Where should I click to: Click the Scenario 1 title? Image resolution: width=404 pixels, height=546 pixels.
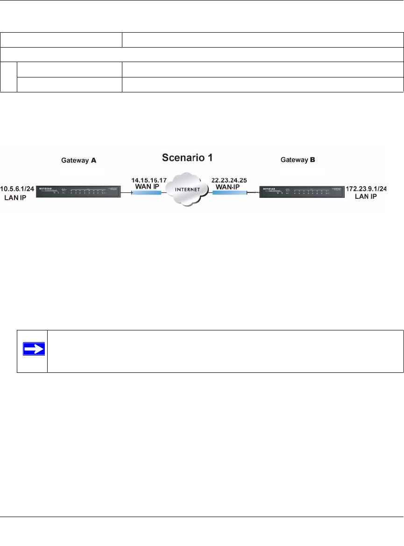click(x=187, y=158)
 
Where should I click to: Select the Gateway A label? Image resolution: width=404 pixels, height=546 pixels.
click(x=79, y=160)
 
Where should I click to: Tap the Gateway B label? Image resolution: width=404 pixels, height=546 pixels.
click(x=298, y=160)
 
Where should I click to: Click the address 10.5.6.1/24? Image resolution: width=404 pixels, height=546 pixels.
click(x=18, y=190)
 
